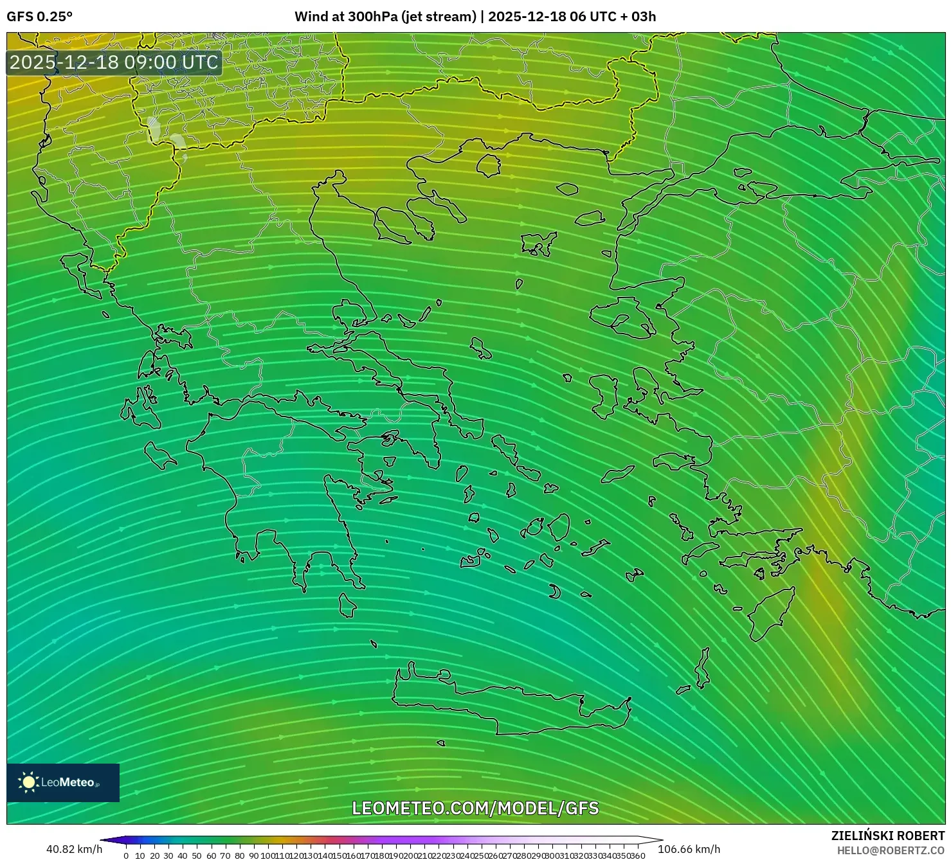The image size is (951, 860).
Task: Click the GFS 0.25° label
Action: click(x=39, y=17)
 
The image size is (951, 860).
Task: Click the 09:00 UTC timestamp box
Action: click(x=114, y=62)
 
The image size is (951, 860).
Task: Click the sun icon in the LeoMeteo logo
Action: click(x=28, y=782)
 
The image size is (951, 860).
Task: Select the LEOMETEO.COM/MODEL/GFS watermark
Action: click(x=475, y=808)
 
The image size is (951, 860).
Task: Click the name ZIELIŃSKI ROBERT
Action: click(x=888, y=836)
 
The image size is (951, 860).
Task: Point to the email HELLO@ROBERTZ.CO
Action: click(x=891, y=850)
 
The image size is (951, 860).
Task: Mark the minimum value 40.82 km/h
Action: click(x=74, y=849)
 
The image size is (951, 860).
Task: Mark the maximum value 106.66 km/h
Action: click(x=689, y=849)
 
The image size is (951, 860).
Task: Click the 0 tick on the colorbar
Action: click(x=126, y=856)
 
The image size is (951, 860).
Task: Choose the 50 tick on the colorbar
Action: click(x=197, y=856)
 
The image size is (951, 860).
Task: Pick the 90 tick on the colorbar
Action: click(x=253, y=856)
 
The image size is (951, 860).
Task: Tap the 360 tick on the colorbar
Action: click(x=637, y=856)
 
